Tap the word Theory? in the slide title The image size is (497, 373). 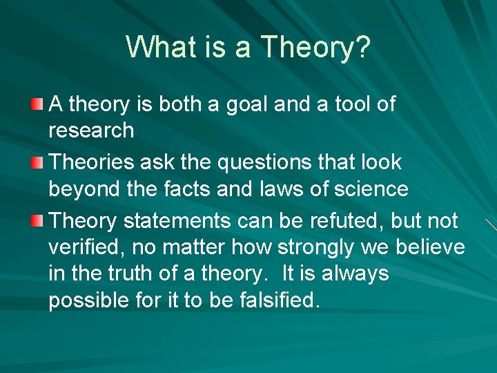(x=316, y=48)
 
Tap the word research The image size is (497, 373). (x=90, y=131)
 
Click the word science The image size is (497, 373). (x=373, y=189)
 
